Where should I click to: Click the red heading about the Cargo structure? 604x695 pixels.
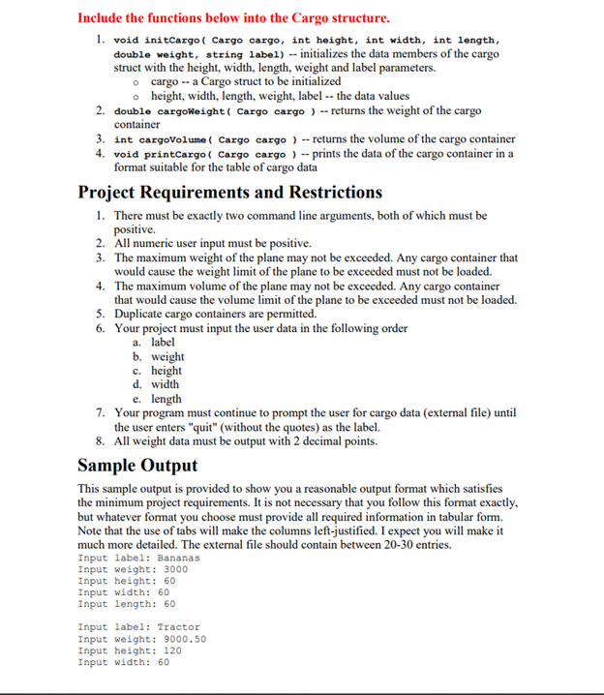[x=234, y=17]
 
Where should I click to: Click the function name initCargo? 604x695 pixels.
[x=172, y=41]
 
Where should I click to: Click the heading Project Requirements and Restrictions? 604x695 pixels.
[x=229, y=192]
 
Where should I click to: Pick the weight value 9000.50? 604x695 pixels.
[x=179, y=639]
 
